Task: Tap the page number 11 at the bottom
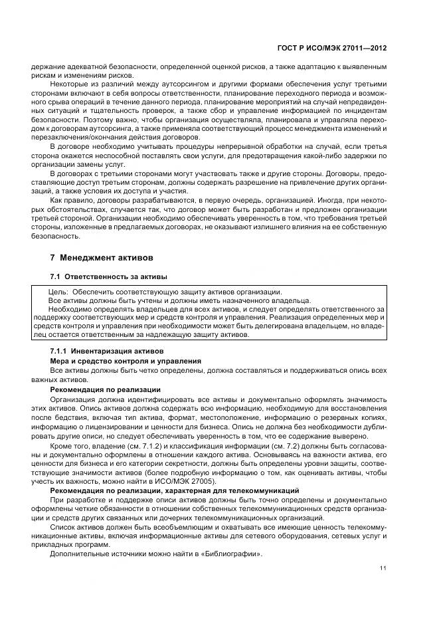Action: pos(383,568)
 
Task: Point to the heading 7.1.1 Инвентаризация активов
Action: pos(103,351)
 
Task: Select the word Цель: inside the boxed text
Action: pos(58,292)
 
